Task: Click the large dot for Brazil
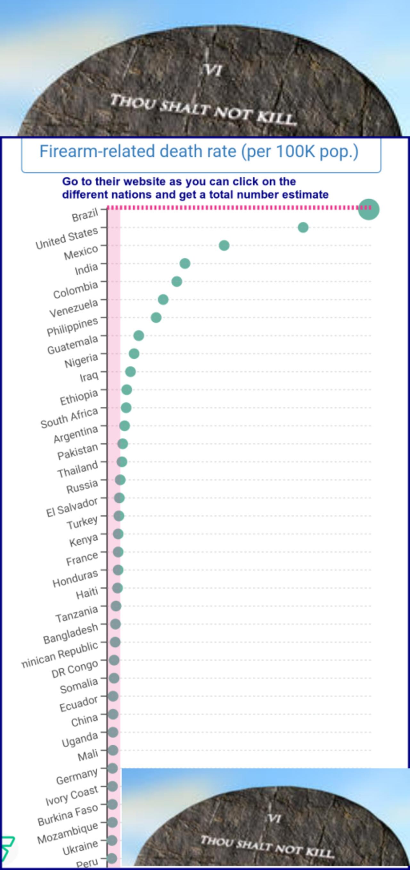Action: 368,209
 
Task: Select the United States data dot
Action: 303,227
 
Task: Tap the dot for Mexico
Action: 224,245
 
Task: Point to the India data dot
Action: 185,263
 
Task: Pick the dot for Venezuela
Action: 163,299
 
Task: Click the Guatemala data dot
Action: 138,336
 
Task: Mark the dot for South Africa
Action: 126,408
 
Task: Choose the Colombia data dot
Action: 176,281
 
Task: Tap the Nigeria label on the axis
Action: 81,361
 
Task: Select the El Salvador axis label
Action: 72,507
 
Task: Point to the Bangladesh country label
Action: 70,634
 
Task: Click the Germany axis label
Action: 77,776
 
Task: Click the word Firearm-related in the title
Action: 98,151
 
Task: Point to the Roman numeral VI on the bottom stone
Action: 274,818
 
